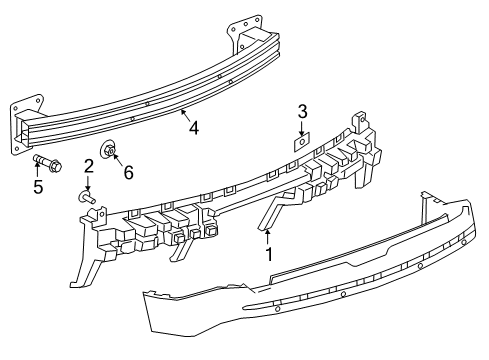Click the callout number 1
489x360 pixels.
tap(268, 256)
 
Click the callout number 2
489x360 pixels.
tap(88, 165)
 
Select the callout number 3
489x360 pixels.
tap(302, 111)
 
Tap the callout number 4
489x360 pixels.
tap(194, 127)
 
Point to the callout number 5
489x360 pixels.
tap(39, 186)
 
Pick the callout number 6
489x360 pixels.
tap(128, 172)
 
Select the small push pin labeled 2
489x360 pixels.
tap(86, 199)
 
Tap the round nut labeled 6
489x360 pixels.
tap(112, 152)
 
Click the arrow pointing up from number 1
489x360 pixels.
tap(268, 237)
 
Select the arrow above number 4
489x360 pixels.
tap(187, 116)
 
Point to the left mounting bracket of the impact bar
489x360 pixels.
tap(26, 124)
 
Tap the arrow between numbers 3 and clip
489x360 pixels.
tap(302, 127)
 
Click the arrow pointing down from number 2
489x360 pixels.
tap(88, 183)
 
